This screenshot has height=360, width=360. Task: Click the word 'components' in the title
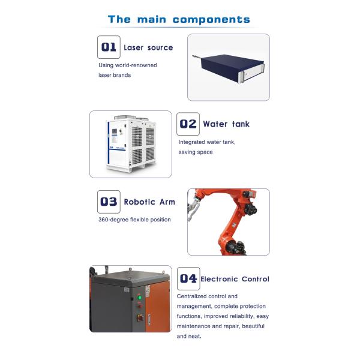pos(211,20)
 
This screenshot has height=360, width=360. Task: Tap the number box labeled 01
pos(109,47)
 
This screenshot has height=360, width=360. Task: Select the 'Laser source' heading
pos(148,47)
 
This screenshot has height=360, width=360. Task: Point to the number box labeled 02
pos(188,124)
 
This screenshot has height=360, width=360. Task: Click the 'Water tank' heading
pos(226,124)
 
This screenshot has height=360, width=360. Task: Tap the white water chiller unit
pos(131,144)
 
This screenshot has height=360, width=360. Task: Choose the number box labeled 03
pos(109,202)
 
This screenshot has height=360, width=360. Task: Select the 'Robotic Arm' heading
pos(149,202)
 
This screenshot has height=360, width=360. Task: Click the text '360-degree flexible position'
pos(134,220)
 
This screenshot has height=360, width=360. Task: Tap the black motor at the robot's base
pos(235,247)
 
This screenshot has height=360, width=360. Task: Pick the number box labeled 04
pos(188,279)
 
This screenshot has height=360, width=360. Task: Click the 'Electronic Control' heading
pos(235,279)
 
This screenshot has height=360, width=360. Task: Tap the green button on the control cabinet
pos(139,298)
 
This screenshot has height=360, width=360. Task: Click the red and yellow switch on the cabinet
pos(140,318)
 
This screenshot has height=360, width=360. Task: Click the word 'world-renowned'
pos(136,65)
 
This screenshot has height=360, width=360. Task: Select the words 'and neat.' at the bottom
pos(189,336)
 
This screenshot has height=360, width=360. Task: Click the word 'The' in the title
pos(119,19)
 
